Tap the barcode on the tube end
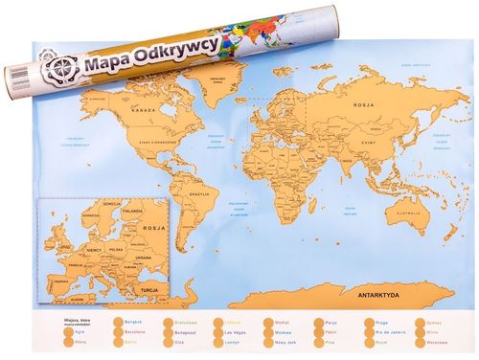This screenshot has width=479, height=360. (14, 88)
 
